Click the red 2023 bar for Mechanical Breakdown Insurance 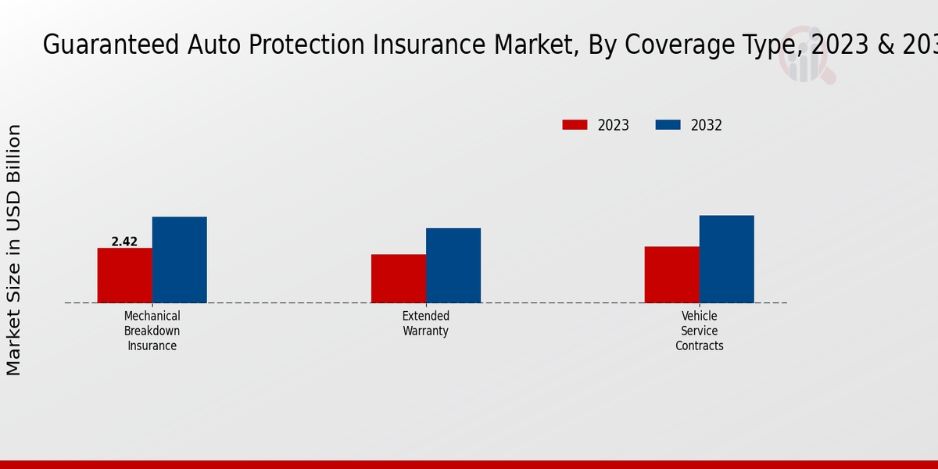point(124,275)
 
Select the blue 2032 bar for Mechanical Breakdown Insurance point(179,260)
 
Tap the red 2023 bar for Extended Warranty point(398,278)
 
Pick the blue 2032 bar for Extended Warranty point(453,266)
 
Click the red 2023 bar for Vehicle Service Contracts point(671,274)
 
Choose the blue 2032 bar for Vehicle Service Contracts point(726,259)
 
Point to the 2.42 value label point(124,242)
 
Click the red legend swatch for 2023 point(575,125)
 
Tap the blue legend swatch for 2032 point(668,125)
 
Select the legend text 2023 point(613,125)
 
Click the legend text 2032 point(706,125)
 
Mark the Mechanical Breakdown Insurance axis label point(152,331)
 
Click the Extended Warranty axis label point(425,323)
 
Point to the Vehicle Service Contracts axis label point(699,331)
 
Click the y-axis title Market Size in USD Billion point(14,249)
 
